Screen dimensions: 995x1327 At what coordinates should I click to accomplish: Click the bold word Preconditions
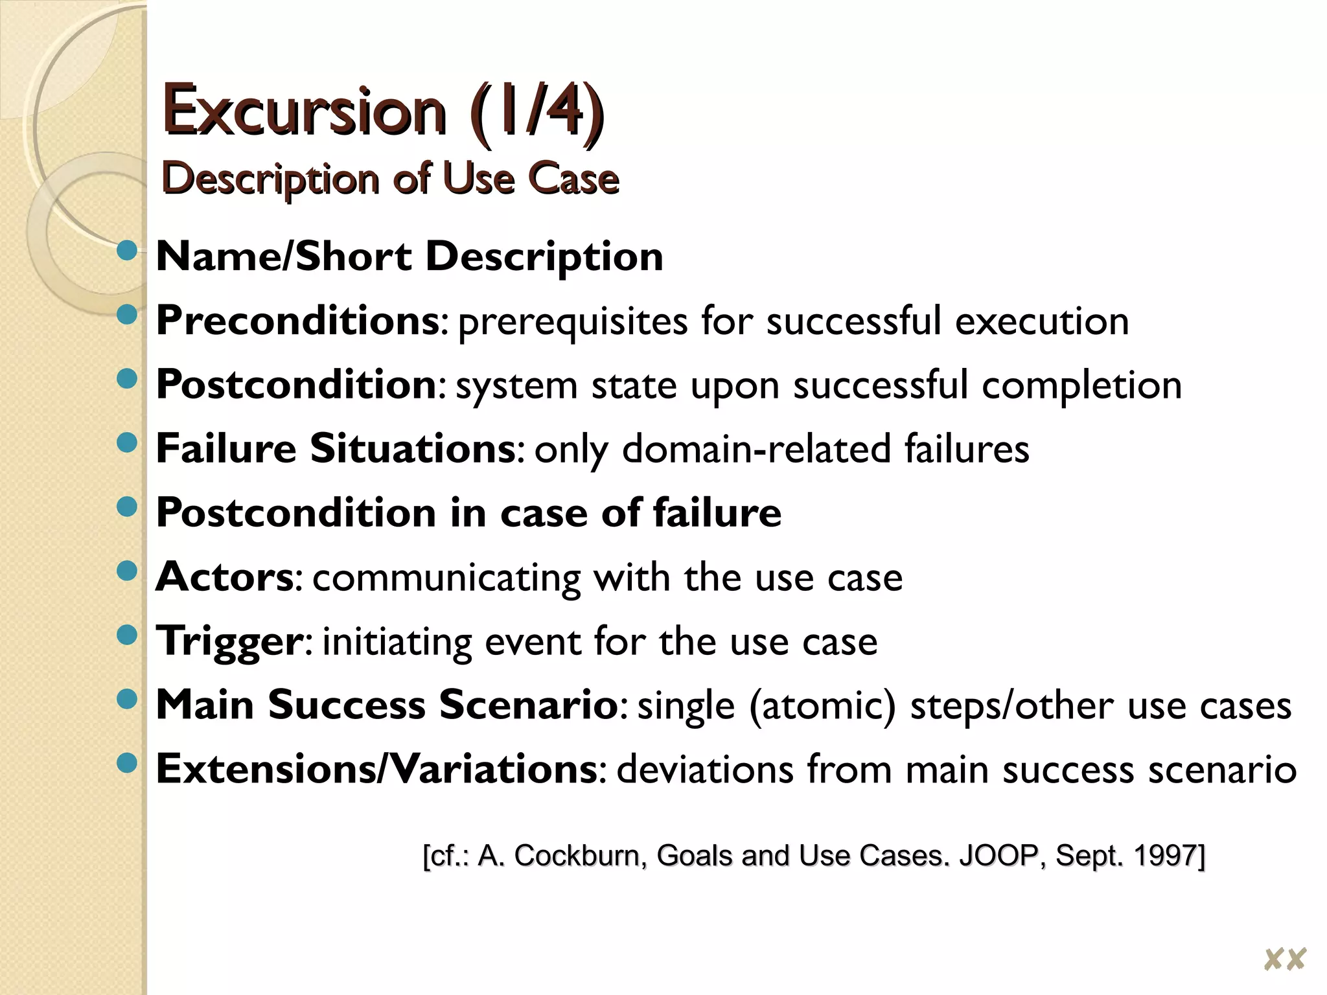[x=298, y=321]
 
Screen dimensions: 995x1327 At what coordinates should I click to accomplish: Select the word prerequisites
[x=572, y=322]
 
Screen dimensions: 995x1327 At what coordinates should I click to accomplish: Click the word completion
[x=1081, y=386]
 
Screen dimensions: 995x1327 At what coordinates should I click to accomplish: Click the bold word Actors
[x=225, y=576]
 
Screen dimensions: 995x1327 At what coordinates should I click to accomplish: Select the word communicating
[x=446, y=577]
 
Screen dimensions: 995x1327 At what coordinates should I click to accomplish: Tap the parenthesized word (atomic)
[x=822, y=705]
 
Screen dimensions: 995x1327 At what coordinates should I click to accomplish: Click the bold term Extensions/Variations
[x=376, y=769]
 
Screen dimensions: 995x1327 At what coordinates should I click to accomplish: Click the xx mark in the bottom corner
[x=1284, y=959]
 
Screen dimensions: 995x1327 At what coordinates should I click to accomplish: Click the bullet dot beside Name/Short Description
[x=128, y=251]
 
